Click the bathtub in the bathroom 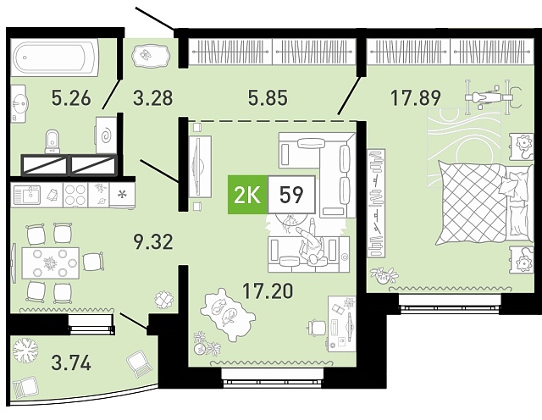pyautogui.click(x=54, y=57)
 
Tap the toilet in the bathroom pyautogui.click(x=53, y=141)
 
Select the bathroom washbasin pyautogui.click(x=19, y=103)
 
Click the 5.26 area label pyautogui.click(x=71, y=97)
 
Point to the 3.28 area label pyautogui.click(x=152, y=97)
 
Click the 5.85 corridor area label pyautogui.click(x=268, y=97)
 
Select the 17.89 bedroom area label pyautogui.click(x=416, y=97)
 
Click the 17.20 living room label pyautogui.click(x=268, y=290)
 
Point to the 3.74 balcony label pyautogui.click(x=71, y=363)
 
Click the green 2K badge pyautogui.click(x=247, y=195)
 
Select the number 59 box pyautogui.click(x=291, y=195)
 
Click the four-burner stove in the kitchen pyautogui.click(x=75, y=195)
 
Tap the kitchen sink pyautogui.click(x=27, y=195)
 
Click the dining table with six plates pyautogui.click(x=51, y=263)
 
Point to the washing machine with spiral pyautogui.click(x=106, y=135)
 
